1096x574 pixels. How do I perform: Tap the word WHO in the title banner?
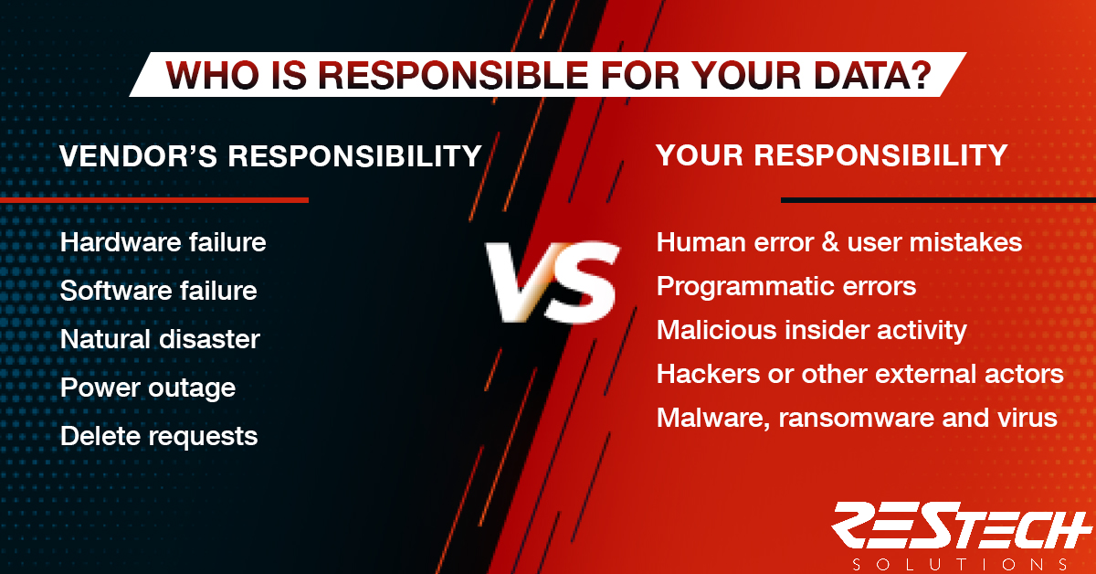tap(212, 76)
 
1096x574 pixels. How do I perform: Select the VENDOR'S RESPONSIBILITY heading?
tap(270, 156)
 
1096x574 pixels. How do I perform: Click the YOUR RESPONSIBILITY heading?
tap(831, 155)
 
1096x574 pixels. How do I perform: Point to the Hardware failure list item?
tap(163, 242)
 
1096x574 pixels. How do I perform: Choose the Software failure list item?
tap(159, 291)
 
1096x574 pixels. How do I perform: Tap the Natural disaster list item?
tap(160, 339)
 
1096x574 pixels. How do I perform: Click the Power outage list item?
tap(148, 388)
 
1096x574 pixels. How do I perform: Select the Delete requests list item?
tap(159, 436)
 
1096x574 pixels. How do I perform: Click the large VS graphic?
tap(553, 282)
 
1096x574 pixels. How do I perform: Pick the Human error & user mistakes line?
tap(839, 242)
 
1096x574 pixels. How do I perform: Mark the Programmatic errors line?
tap(786, 286)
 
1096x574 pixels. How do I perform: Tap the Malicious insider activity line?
tap(812, 330)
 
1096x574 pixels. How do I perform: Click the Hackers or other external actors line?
tap(860, 374)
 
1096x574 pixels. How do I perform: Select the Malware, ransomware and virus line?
tap(857, 418)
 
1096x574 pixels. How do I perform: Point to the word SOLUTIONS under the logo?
tap(960, 564)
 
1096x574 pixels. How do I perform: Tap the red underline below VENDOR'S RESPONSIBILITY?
tap(154, 200)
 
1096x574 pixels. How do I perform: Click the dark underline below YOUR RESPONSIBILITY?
tap(939, 200)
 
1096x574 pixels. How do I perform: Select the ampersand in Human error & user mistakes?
tap(830, 242)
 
